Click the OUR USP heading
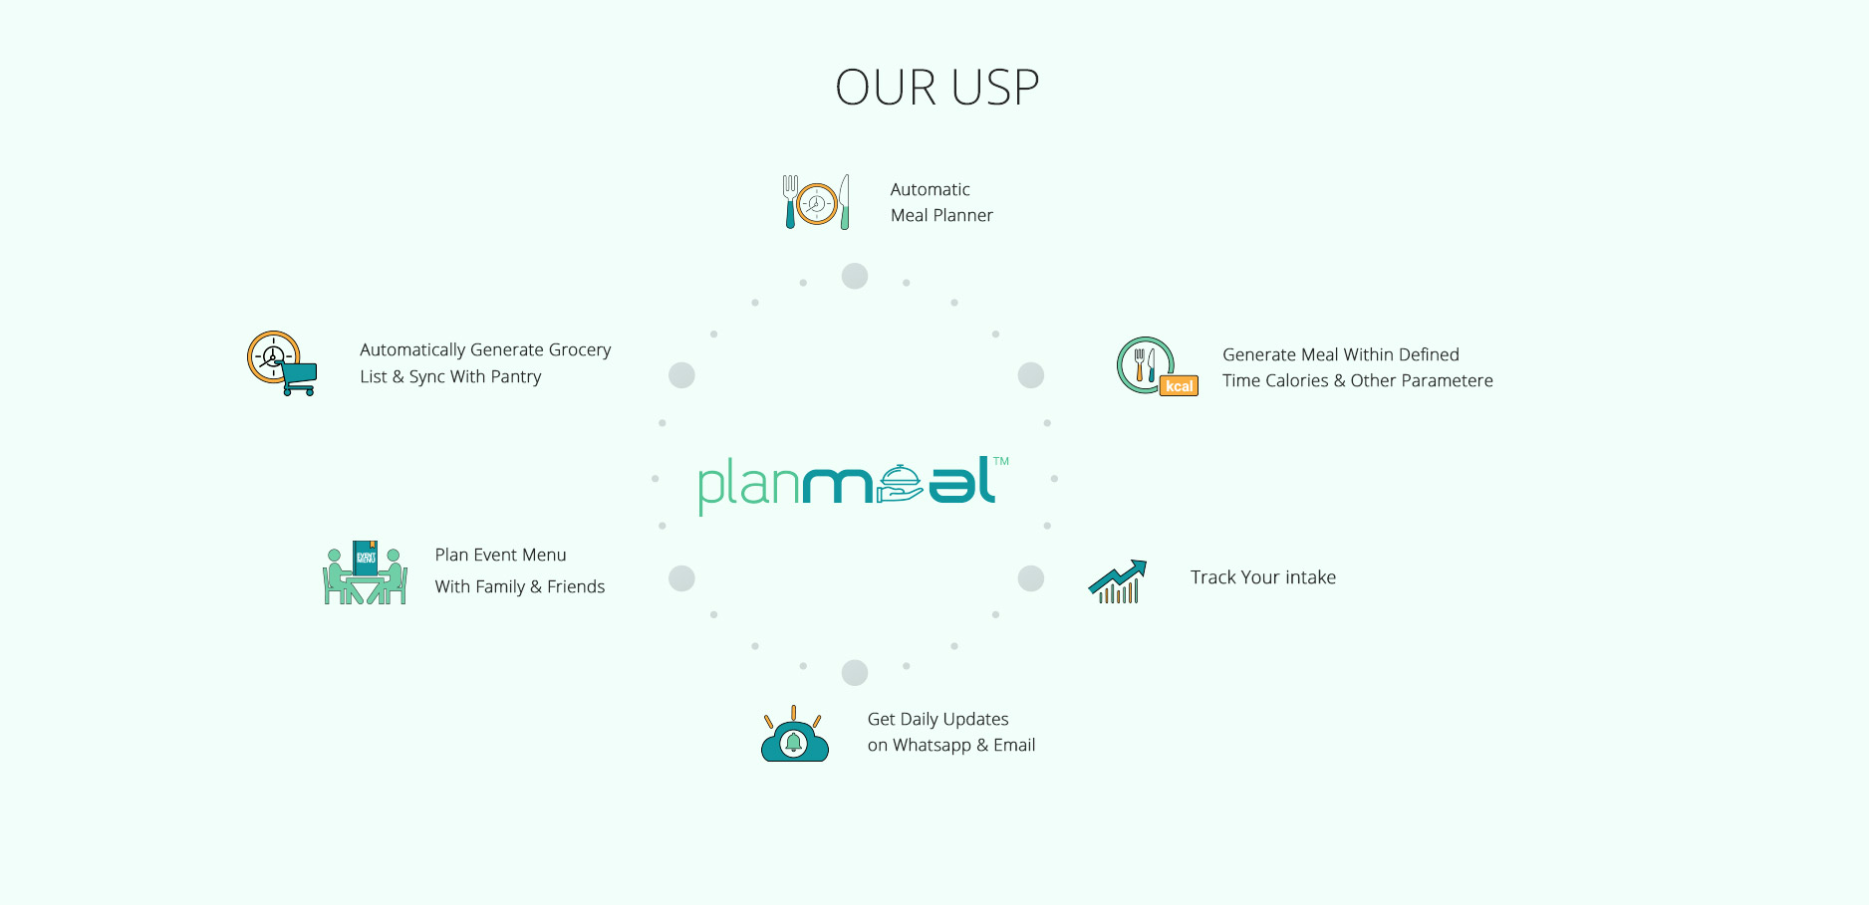936,88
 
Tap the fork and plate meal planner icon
817,202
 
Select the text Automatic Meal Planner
941,202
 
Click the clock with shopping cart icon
282,363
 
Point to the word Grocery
579,350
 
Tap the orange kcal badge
1179,385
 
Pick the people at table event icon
365,572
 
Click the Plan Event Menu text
500,555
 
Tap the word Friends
576,586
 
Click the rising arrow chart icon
1118,581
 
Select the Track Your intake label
1263,577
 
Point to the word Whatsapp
932,746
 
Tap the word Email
1014,745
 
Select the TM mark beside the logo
1001,461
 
